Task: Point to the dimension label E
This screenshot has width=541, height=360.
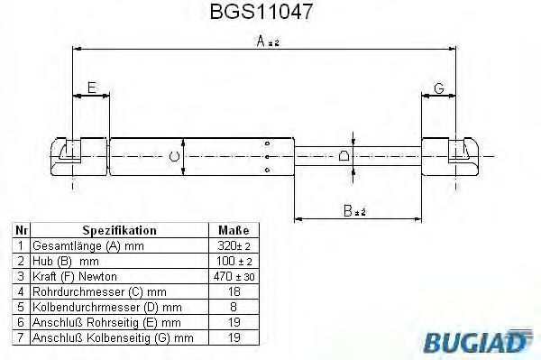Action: tap(89, 88)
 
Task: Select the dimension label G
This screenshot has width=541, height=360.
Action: tap(438, 88)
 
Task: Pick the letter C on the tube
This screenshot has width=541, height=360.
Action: tap(174, 159)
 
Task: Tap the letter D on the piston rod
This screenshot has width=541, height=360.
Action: tap(344, 157)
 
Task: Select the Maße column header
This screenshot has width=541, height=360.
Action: tap(233, 230)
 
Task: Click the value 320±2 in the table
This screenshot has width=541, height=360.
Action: tap(233, 245)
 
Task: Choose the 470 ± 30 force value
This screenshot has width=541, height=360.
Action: tap(233, 276)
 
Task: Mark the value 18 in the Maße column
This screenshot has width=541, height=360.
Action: tap(233, 291)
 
